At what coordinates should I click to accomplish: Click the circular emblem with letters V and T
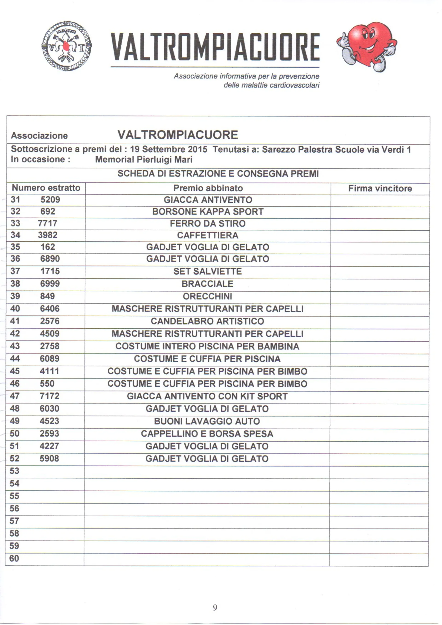coord(67,46)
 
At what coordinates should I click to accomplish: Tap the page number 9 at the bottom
coord(215,607)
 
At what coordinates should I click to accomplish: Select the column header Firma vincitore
coord(380,188)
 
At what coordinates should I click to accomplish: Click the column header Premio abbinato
coord(208,188)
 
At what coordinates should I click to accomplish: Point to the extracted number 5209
coord(50,200)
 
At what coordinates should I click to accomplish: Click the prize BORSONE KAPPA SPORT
coord(208,211)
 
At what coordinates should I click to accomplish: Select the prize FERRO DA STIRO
coord(208,223)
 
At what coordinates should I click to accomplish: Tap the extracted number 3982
coord(48,235)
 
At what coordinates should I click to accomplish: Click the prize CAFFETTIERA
coord(208,235)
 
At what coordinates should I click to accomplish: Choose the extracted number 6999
coord(50,284)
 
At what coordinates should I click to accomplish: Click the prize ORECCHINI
coord(207,296)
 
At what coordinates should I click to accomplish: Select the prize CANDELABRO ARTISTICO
coord(207,321)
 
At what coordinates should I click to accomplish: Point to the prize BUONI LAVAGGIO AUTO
coord(207,421)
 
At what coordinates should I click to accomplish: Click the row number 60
coord(14,558)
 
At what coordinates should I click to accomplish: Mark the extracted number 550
coord(47,384)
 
